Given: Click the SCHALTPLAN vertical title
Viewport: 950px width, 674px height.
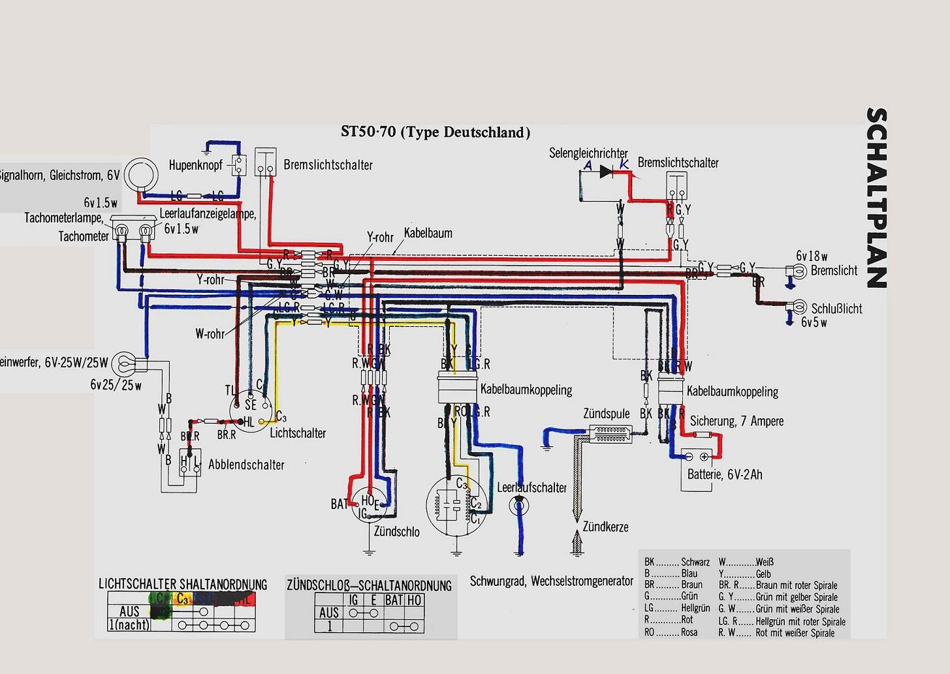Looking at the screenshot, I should [x=876, y=198].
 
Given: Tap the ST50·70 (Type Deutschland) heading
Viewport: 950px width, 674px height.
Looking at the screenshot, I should [x=435, y=132].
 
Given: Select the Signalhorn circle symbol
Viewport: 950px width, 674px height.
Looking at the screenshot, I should [x=142, y=175].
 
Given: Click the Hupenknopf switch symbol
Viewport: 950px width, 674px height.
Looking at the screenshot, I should [x=239, y=165].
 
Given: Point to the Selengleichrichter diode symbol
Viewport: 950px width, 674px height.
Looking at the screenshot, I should [x=607, y=172].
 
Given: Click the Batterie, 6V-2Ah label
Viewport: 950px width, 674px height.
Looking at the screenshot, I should [x=725, y=474].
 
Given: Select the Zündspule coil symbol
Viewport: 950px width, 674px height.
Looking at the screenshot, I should [x=610, y=431].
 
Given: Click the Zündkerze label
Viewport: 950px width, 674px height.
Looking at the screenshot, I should [x=605, y=527].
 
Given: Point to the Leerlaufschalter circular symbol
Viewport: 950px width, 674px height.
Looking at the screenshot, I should [x=519, y=504].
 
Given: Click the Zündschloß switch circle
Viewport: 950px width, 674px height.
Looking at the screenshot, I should [x=369, y=504].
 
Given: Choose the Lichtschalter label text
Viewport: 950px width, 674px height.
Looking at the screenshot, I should [x=298, y=433].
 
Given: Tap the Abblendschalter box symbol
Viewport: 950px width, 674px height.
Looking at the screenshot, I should [x=191, y=463].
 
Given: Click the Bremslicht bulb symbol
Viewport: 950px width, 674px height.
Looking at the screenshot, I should [x=797, y=270].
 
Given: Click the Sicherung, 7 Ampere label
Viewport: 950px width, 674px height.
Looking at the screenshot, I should [x=736, y=421].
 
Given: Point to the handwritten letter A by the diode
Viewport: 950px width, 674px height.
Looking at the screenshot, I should [x=588, y=166].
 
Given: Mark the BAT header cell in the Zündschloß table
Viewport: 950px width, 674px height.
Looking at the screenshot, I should [x=394, y=600].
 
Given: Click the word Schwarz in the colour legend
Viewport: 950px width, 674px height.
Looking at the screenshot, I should [x=695, y=562].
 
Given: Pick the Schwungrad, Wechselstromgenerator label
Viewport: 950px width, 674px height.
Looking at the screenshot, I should [x=552, y=581].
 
